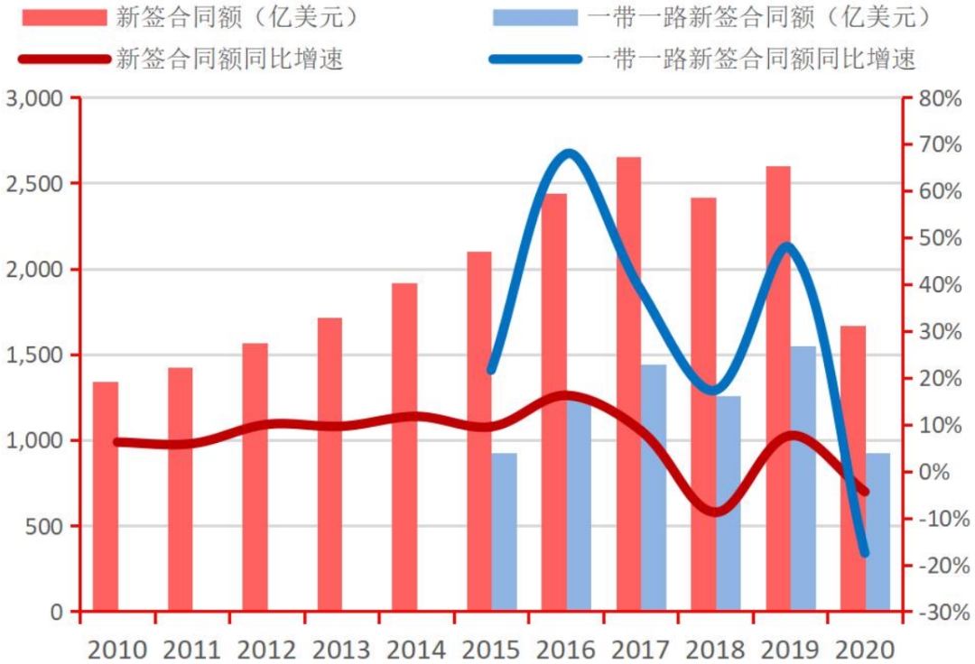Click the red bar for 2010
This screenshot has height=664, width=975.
tap(106, 496)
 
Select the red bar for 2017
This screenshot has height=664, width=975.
tap(629, 383)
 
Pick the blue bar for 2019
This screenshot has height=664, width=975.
tap(803, 478)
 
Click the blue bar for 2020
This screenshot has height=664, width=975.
tap(877, 532)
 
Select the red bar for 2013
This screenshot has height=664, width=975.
tap(330, 465)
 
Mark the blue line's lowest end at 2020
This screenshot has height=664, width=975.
tap(864, 553)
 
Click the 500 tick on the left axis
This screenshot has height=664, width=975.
tap(45, 526)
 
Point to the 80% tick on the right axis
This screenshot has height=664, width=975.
tap(940, 98)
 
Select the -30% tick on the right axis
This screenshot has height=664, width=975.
tap(940, 613)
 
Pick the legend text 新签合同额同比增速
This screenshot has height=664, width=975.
tap(229, 60)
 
